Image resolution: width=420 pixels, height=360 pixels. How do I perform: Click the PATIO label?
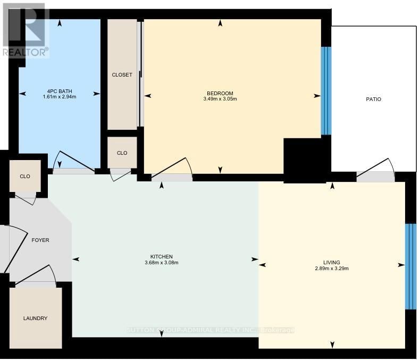[373, 99]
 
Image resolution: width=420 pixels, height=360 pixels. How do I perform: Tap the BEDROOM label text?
[220, 94]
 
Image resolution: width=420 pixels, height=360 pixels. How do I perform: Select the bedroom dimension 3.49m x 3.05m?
[220, 99]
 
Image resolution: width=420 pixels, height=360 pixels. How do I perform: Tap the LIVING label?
[331, 262]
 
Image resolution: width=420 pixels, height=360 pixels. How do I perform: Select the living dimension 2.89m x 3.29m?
[331, 269]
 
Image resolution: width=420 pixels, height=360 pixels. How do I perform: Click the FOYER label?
[40, 240]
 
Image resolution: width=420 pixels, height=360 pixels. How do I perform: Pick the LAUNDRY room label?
[35, 319]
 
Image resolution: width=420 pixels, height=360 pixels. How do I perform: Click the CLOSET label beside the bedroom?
[122, 75]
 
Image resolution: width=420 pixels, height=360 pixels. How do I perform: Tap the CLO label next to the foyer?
[25, 177]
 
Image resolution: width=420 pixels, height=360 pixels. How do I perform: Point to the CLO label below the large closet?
[122, 153]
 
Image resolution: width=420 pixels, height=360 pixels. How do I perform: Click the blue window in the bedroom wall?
[326, 91]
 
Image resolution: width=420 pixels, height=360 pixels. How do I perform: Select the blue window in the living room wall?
[410, 266]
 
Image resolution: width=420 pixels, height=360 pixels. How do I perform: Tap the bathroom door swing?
[74, 162]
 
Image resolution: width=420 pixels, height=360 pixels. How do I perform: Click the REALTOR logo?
[25, 29]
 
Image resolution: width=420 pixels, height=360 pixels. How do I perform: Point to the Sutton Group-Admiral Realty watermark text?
[211, 330]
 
